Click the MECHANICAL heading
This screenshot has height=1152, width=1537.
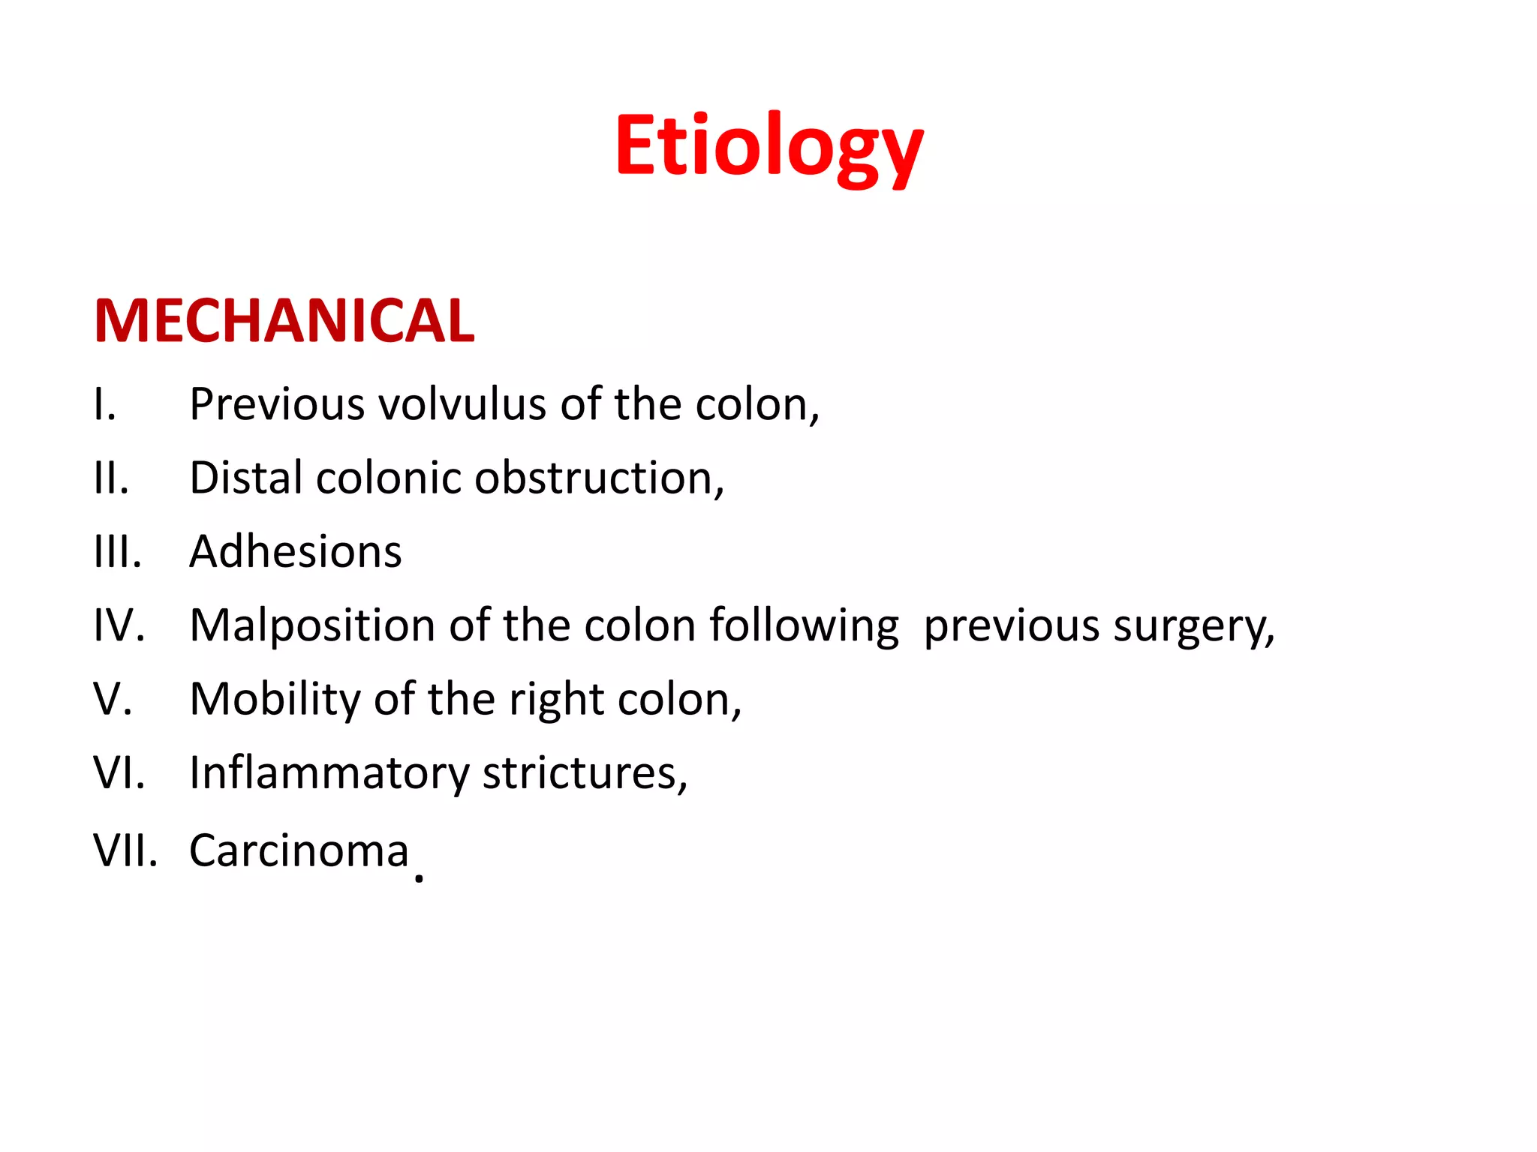284,321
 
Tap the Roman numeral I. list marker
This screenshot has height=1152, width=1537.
105,405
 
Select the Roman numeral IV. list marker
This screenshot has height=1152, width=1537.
119,625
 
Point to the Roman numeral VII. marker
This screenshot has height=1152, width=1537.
125,850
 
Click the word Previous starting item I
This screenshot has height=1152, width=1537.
276,405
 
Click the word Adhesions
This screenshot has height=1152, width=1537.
295,552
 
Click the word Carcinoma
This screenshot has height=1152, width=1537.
299,850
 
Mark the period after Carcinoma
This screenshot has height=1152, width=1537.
419,877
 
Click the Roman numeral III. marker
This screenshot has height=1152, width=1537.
117,552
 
